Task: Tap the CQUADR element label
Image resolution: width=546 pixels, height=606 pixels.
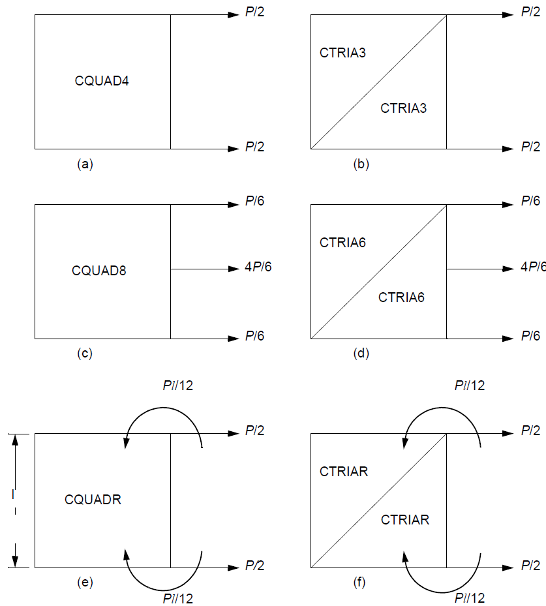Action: pyautogui.click(x=93, y=500)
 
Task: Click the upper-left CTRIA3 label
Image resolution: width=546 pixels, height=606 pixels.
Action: pyautogui.click(x=342, y=53)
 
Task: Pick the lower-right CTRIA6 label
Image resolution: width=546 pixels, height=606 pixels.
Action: pyautogui.click(x=401, y=297)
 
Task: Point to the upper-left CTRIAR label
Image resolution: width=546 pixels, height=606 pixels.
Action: pyautogui.click(x=344, y=471)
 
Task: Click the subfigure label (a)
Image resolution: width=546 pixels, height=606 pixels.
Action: pyautogui.click(x=85, y=164)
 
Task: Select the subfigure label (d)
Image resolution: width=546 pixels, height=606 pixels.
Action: pyautogui.click(x=361, y=354)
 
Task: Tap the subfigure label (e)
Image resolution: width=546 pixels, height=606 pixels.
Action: pyautogui.click(x=85, y=583)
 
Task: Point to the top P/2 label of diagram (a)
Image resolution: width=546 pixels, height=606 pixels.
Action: pyautogui.click(x=254, y=12)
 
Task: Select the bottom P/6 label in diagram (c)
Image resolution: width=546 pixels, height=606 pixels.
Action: pyautogui.click(x=254, y=337)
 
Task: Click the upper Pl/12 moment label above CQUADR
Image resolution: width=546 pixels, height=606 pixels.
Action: pyautogui.click(x=178, y=386)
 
